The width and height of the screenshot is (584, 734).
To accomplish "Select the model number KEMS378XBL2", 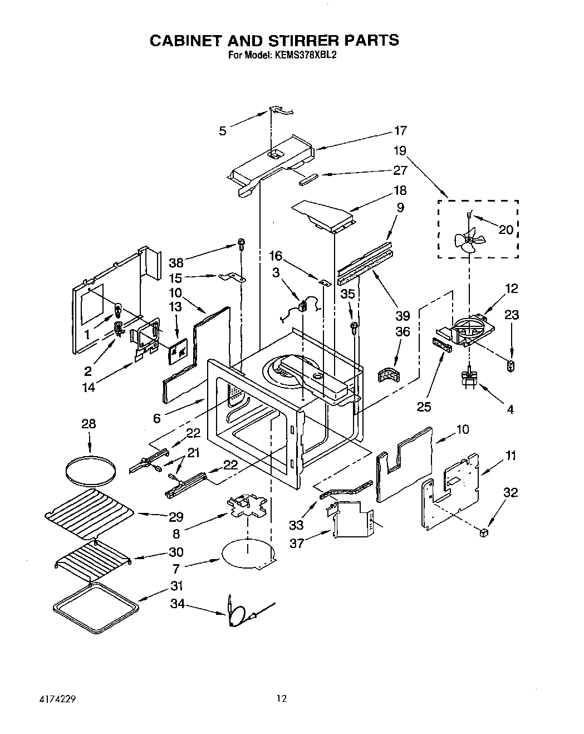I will point(305,55).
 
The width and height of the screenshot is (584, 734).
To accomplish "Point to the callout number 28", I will point(88,424).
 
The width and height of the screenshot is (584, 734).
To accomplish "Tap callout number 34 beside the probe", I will point(177,604).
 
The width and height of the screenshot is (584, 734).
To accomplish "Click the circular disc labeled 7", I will point(248,554).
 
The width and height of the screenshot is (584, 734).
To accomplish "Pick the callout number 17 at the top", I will point(400,131).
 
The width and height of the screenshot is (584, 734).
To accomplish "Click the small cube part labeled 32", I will point(483,534).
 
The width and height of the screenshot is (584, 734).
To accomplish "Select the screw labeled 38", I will point(241,243).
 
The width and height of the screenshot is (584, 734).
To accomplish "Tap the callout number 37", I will point(297,543).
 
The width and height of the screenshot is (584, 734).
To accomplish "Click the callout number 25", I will point(424,407).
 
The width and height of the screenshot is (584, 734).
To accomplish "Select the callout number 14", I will point(88,388).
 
